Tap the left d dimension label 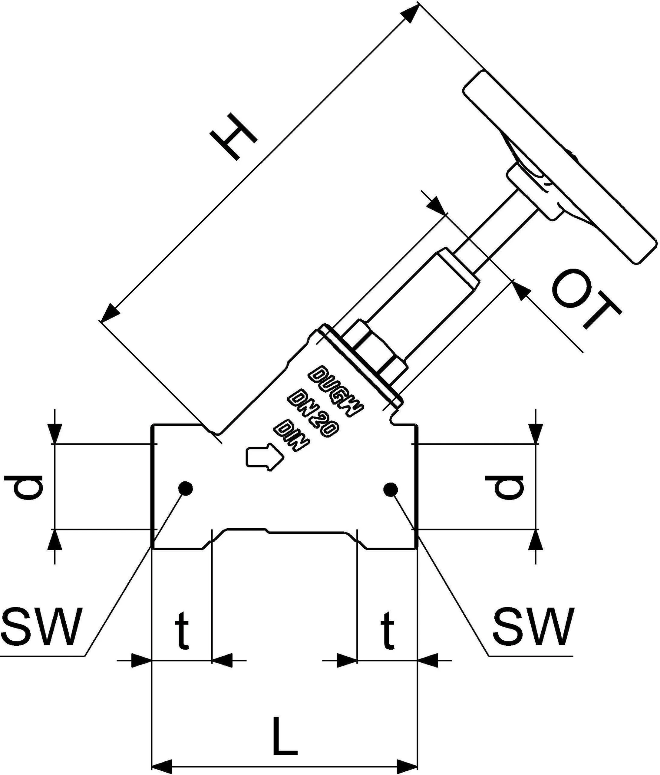pos(24,487)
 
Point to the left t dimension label pos(182,629)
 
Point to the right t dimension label pos(388,629)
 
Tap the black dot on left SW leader pos(185,488)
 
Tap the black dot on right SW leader pos(390,489)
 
